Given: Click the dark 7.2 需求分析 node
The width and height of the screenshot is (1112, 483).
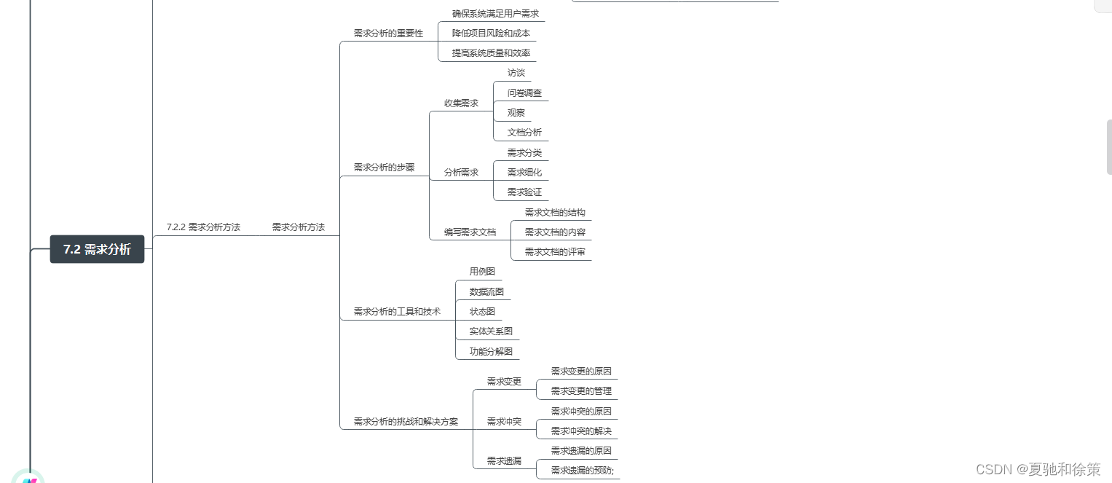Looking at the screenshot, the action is click(97, 249).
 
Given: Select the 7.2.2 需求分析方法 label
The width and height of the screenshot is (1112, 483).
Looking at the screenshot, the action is click(203, 227).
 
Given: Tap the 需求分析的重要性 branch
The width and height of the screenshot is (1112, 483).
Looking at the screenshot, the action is click(388, 34).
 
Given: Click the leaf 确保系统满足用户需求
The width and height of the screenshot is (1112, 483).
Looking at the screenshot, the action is click(495, 14).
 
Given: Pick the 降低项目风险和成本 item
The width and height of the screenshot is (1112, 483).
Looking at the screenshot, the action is click(491, 34).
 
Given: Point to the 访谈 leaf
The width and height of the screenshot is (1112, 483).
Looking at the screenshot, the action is click(516, 73).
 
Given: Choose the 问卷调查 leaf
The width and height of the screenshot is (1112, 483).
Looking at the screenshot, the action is click(524, 93).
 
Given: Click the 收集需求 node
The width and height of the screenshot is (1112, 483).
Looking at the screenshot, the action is click(461, 103).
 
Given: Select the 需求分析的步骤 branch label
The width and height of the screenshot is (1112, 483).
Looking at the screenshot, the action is click(384, 168).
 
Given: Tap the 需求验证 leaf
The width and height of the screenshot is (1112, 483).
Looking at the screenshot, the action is click(524, 192).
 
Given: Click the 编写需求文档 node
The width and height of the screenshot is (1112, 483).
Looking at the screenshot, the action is click(470, 232).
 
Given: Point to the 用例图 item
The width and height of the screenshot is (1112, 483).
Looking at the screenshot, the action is click(482, 272).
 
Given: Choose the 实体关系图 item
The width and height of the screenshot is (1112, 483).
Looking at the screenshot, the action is click(491, 331).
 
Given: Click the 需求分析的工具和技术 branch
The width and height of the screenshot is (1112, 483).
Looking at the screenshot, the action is click(397, 312).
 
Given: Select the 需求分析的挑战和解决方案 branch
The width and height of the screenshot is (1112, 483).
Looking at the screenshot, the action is click(406, 422).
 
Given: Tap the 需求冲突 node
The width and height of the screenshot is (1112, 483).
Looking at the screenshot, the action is click(504, 422).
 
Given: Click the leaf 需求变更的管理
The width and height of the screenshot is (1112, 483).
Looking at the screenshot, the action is click(581, 391).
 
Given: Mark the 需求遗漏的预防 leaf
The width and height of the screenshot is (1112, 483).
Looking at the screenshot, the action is click(582, 471).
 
